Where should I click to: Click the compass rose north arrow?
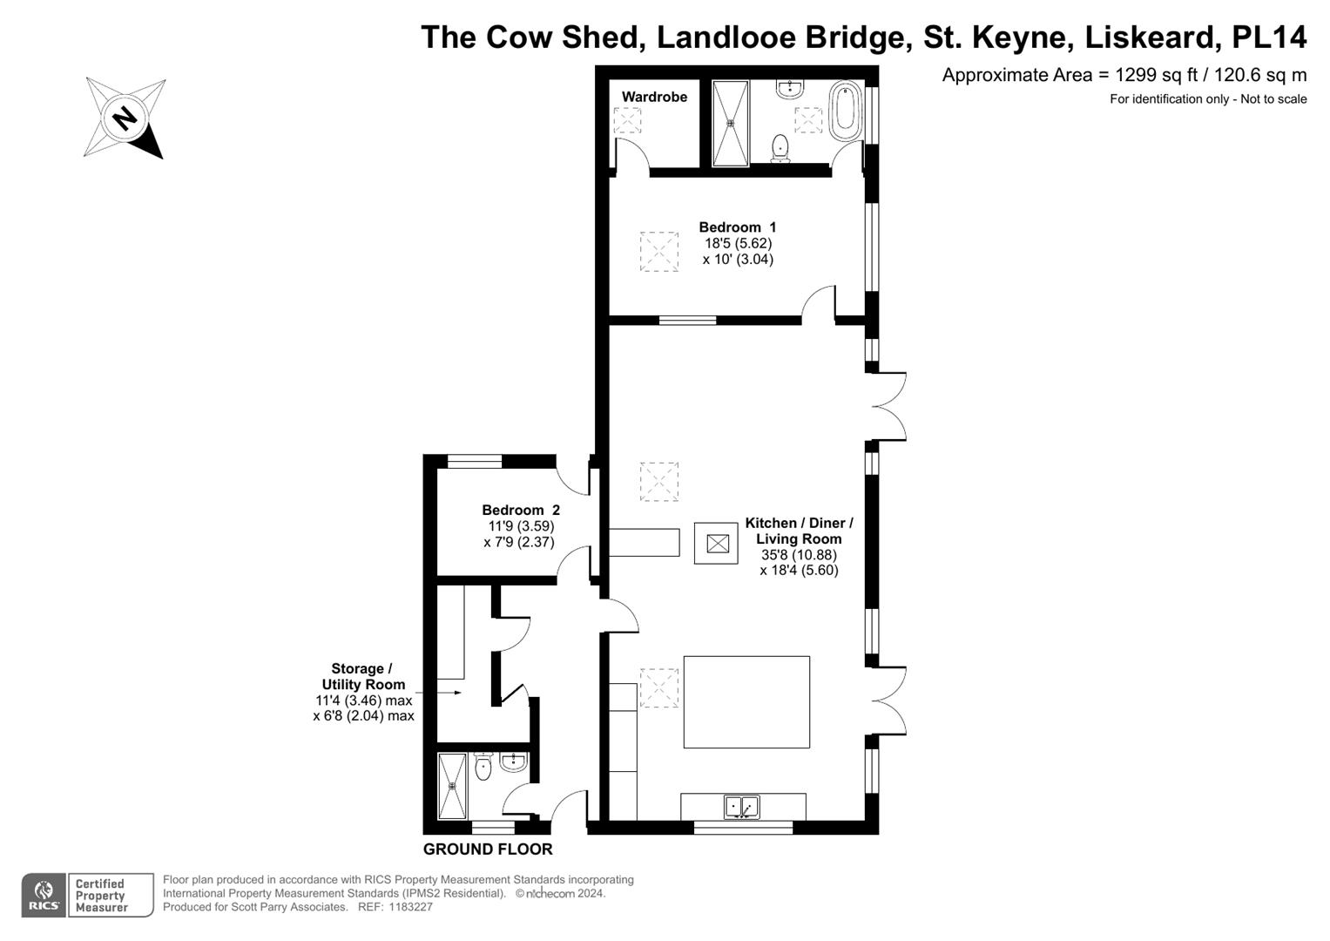(125, 118)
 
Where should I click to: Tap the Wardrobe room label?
(654, 97)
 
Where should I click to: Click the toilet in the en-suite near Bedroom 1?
(780, 148)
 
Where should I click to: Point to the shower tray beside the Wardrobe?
(730, 123)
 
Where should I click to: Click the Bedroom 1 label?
(737, 227)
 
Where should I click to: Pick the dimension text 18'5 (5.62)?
(738, 243)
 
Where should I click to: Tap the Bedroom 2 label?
(521, 511)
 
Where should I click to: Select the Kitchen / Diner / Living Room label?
(799, 531)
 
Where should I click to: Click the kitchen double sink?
(742, 808)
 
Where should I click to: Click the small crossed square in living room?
(717, 544)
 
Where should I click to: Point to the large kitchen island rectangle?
(746, 702)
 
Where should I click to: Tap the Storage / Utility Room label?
(363, 677)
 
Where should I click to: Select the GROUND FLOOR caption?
(488, 850)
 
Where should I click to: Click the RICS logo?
(43, 896)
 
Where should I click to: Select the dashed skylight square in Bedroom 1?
(659, 252)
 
